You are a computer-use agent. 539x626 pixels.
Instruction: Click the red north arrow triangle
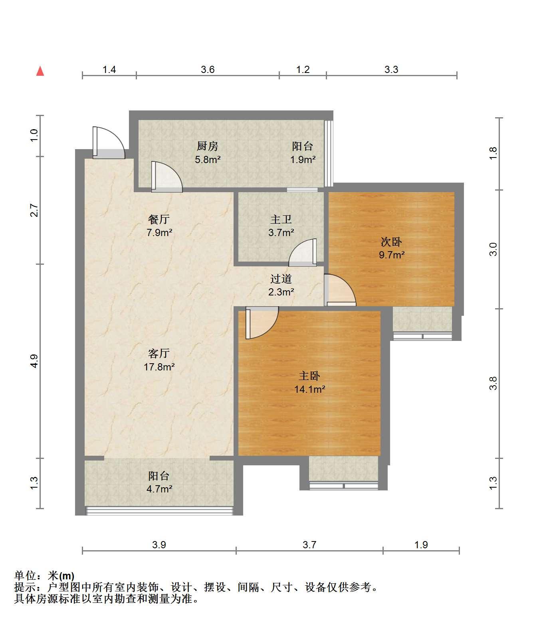pos(40,71)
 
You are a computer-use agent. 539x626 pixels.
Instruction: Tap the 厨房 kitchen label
pos(208,146)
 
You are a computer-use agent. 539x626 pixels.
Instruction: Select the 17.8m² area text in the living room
pos(159,367)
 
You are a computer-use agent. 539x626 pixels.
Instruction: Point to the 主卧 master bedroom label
pos(309,376)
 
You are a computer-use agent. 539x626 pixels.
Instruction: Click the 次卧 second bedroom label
pos(391,242)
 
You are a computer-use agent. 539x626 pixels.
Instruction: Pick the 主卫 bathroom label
pos(281,219)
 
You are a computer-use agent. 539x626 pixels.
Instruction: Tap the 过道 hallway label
pos(281,279)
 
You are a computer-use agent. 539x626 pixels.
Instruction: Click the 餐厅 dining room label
pos(159,219)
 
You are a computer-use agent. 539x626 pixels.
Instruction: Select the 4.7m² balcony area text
pos(159,489)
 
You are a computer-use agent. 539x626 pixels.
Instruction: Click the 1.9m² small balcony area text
pos(303,159)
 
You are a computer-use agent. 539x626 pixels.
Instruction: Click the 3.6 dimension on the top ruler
pos(208,70)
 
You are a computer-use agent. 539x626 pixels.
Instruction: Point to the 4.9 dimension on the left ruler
pos(34,361)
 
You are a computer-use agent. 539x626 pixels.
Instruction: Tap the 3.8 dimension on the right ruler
pos(493,383)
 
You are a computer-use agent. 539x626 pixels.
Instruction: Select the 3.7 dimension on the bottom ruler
pos(309,545)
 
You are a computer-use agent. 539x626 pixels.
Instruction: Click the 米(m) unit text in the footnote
pos(61,576)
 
